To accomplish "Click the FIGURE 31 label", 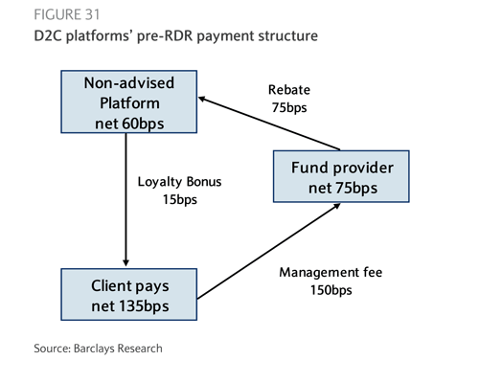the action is point(67,14).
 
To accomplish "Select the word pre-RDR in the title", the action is point(165,35).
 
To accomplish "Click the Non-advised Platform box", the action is point(129,101).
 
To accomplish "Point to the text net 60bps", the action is point(129,124).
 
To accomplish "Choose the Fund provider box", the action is point(341,176).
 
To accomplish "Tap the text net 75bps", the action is point(343,188).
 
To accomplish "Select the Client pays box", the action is point(129,294).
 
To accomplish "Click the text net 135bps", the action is point(130,306).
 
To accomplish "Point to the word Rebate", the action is point(289,90).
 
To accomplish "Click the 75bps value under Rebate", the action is point(289,107).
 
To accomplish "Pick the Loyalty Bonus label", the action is point(179,182).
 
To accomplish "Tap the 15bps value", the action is point(180,199).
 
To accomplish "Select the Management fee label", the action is point(331,273).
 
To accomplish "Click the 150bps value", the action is point(331,290).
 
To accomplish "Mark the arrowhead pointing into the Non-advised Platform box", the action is point(202,99).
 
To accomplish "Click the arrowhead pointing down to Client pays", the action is point(125,262).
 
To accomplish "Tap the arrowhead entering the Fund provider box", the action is point(336,206).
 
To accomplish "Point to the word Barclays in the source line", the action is point(94,349).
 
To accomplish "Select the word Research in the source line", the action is point(140,349).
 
